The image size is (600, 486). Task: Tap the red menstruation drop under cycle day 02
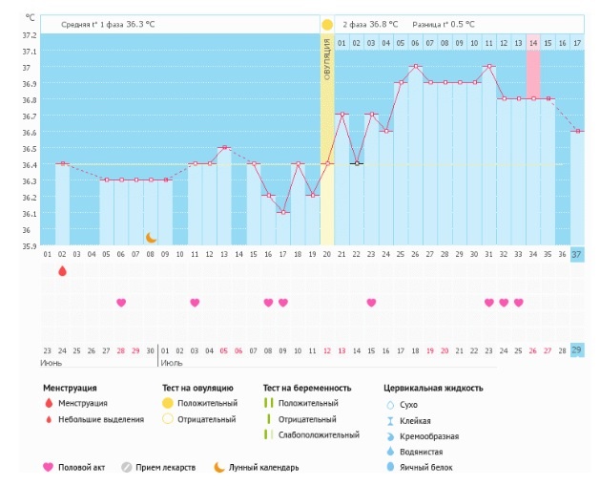62,271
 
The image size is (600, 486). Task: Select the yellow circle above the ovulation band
327,24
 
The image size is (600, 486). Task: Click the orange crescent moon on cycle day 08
151,237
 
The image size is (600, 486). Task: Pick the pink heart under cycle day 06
121,303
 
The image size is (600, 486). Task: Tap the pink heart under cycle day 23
371,303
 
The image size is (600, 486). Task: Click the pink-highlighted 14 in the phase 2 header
533,43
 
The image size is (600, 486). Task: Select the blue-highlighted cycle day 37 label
577,254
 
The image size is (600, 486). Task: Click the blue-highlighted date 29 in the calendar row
577,350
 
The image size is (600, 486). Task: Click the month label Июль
173,363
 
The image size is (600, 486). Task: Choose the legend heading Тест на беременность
307,389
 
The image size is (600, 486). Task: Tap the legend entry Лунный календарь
263,467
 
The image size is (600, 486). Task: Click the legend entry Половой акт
80,467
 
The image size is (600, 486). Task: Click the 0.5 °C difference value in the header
463,24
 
